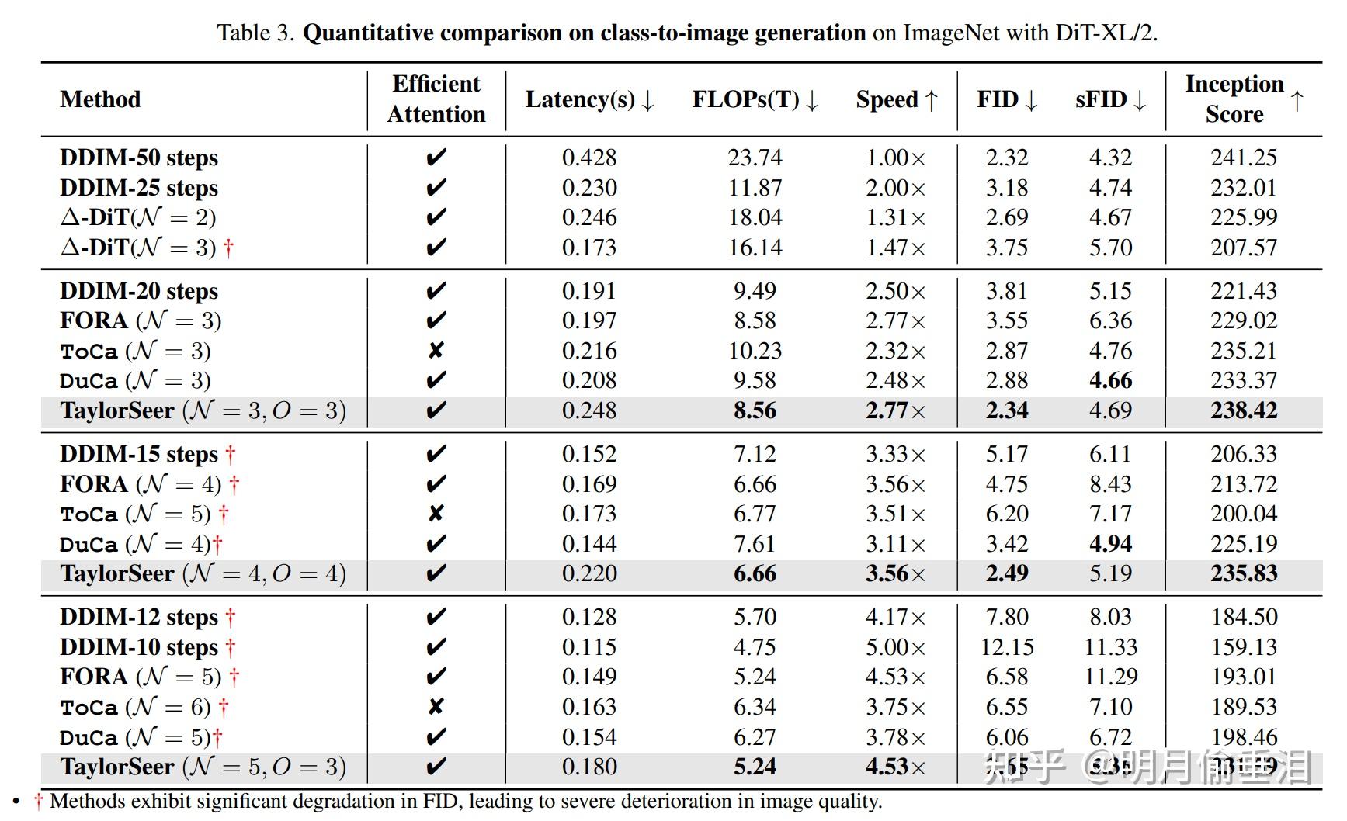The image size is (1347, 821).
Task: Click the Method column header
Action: point(100,100)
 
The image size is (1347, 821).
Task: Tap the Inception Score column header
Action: point(1234,99)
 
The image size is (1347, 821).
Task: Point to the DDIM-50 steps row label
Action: point(139,158)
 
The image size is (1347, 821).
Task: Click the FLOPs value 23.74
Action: point(755,158)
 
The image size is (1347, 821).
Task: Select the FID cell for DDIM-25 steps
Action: point(1007,188)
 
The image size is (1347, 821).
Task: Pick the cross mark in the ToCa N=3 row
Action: point(436,351)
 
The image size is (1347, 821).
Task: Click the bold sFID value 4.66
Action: point(1110,380)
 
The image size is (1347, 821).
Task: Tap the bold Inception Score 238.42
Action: point(1243,410)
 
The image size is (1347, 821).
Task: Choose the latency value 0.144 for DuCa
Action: point(589,544)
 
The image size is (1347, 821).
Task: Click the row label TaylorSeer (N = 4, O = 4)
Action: point(203,574)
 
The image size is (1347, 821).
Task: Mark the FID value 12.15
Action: point(1007,647)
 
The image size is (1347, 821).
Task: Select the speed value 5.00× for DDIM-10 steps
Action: point(895,647)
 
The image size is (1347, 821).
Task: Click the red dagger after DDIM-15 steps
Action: point(231,455)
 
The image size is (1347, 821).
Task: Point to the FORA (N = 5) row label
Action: point(141,677)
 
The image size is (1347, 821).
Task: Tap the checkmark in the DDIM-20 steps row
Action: point(436,291)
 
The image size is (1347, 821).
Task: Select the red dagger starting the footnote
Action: point(38,802)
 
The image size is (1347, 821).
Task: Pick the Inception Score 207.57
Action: point(1243,248)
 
